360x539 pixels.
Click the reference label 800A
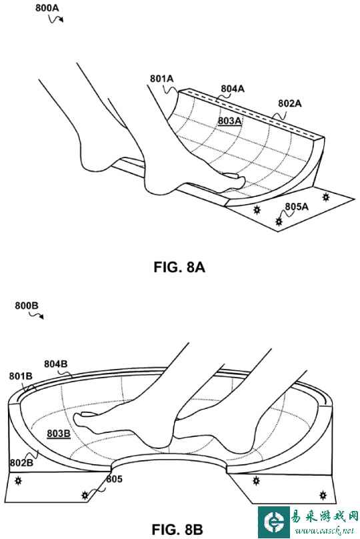click(x=47, y=8)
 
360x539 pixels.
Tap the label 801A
click(x=161, y=79)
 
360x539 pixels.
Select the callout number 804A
click(x=233, y=89)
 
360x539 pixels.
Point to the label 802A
click(x=289, y=103)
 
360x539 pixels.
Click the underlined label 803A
click(x=229, y=121)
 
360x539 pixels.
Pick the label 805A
click(x=297, y=206)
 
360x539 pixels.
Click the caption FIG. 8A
click(x=179, y=267)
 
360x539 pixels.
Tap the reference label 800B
click(x=27, y=306)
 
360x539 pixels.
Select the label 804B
click(x=55, y=364)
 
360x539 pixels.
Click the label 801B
click(x=21, y=376)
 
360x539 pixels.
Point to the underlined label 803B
click(x=59, y=434)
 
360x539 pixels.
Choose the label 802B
click(x=21, y=463)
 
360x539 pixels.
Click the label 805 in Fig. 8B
click(x=114, y=479)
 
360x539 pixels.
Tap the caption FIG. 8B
click(x=177, y=529)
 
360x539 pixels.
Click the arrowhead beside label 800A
click(x=61, y=20)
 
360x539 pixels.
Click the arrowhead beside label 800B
click(x=41, y=317)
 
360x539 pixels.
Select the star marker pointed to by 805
click(x=85, y=496)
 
